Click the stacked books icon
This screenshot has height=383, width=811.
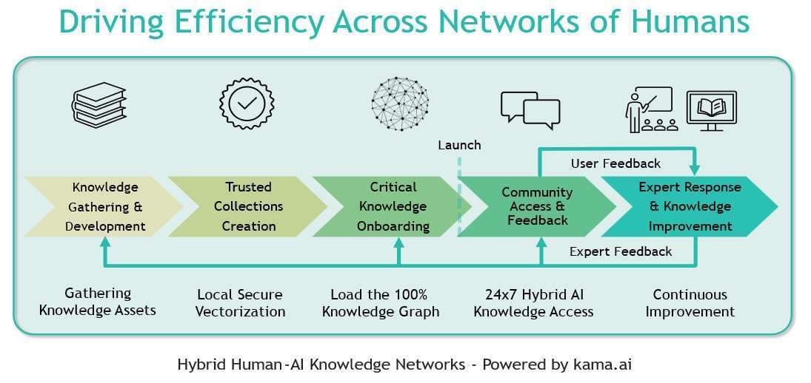tap(99, 105)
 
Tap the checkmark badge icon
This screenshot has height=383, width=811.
tap(247, 104)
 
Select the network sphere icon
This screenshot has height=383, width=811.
tap(400, 104)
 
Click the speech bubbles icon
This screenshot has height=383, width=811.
tap(530, 109)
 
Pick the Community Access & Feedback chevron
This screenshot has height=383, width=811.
tap(536, 206)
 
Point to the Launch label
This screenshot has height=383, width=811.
tap(459, 145)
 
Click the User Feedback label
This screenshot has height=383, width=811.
tap(615, 163)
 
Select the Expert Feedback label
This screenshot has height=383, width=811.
tap(621, 251)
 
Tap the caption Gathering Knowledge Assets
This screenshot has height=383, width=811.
tap(98, 302)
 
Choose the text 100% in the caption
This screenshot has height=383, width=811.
tap(412, 294)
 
